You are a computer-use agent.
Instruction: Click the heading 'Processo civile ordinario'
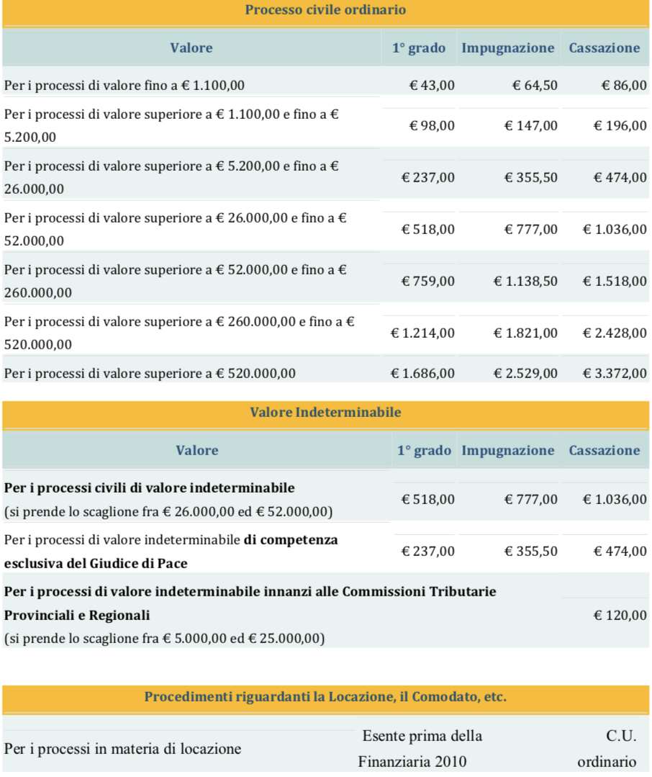[x=325, y=10]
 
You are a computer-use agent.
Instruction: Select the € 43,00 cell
[x=432, y=85]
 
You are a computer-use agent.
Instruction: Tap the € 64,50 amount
[x=534, y=85]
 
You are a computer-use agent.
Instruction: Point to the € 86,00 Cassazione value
[x=624, y=85]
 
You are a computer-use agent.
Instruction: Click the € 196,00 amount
[x=620, y=126]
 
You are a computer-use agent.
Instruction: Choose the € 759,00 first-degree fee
[x=428, y=281]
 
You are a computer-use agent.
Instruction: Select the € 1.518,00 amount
[x=615, y=281]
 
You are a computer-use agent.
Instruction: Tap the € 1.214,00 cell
[x=422, y=333]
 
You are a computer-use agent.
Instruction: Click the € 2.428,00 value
[x=615, y=333]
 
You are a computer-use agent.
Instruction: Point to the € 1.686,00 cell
[x=422, y=373]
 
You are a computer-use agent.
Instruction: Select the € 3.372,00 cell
[x=615, y=373]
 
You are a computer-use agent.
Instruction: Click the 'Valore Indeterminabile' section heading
[x=325, y=413]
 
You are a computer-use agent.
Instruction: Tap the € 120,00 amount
[x=620, y=616]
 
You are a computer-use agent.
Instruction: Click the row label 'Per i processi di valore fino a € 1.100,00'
[x=124, y=85]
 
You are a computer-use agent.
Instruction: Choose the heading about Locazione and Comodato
[x=325, y=697]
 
